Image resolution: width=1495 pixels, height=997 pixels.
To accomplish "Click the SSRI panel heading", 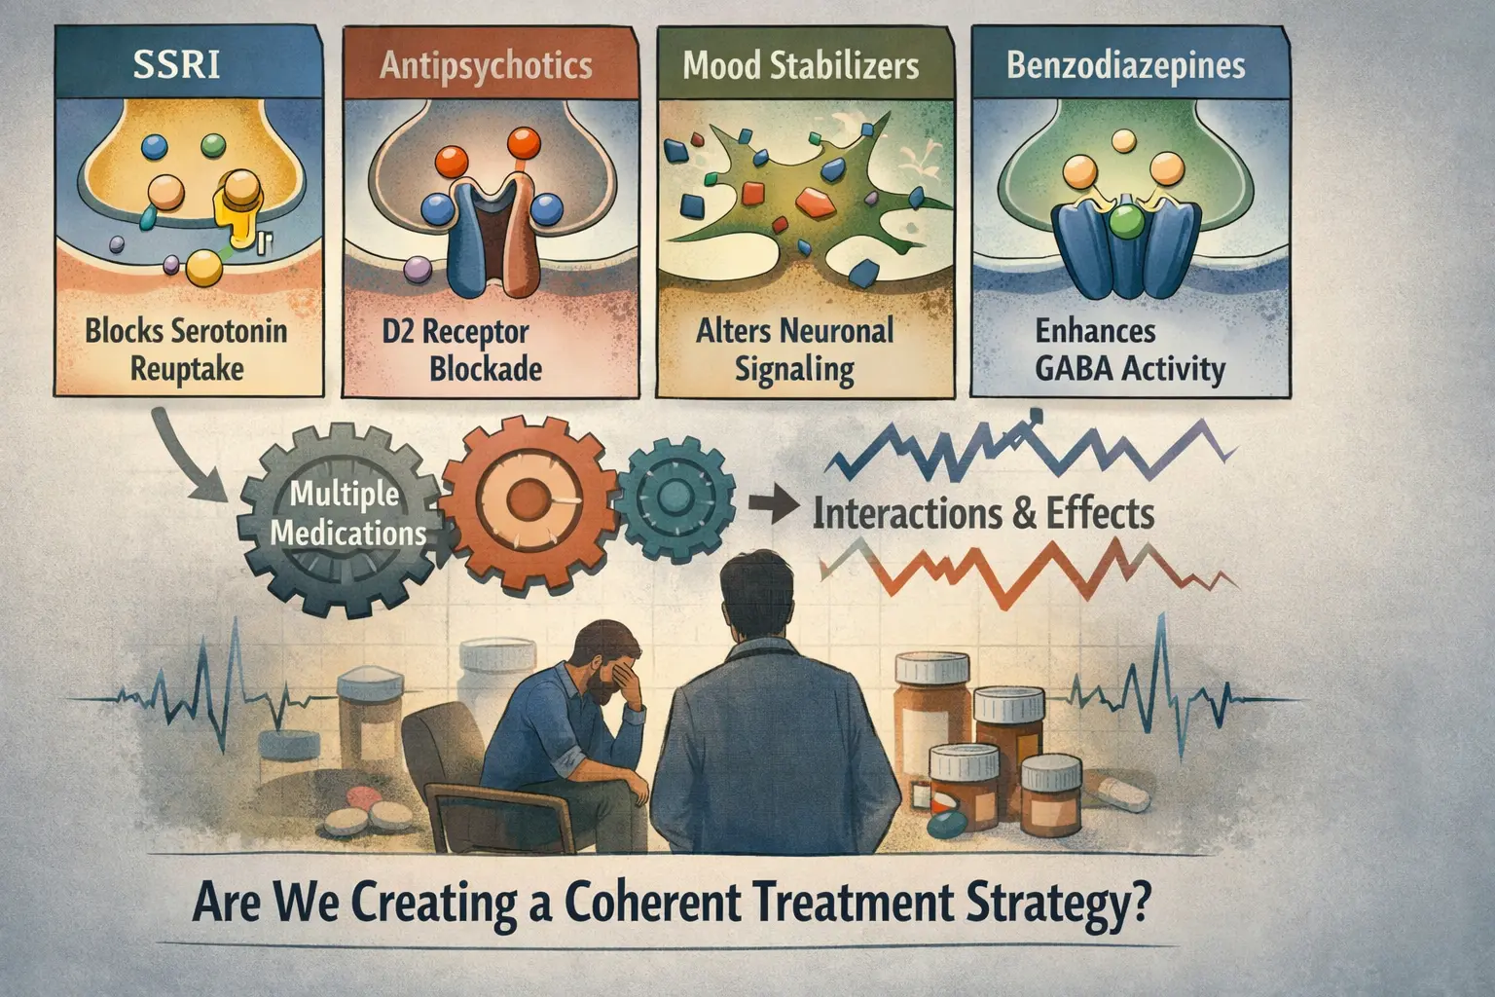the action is [177, 65].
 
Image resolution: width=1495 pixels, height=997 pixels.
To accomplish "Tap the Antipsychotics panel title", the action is [486, 66].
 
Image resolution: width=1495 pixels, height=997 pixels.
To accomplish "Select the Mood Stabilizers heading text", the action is [801, 65].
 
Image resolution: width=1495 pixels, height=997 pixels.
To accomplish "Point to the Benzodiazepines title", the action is [1126, 65].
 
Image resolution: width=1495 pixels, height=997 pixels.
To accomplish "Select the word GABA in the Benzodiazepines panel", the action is [1075, 369].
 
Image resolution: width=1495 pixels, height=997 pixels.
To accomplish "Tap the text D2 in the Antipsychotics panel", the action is [398, 332].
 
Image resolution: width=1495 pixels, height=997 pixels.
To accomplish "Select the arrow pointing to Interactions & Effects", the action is [774, 509].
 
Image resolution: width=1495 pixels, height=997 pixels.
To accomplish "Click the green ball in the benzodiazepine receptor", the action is [1126, 222].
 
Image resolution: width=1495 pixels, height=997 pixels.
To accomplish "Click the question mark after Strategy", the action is [1138, 903].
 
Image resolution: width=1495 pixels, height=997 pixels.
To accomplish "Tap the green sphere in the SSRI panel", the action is [213, 146].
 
